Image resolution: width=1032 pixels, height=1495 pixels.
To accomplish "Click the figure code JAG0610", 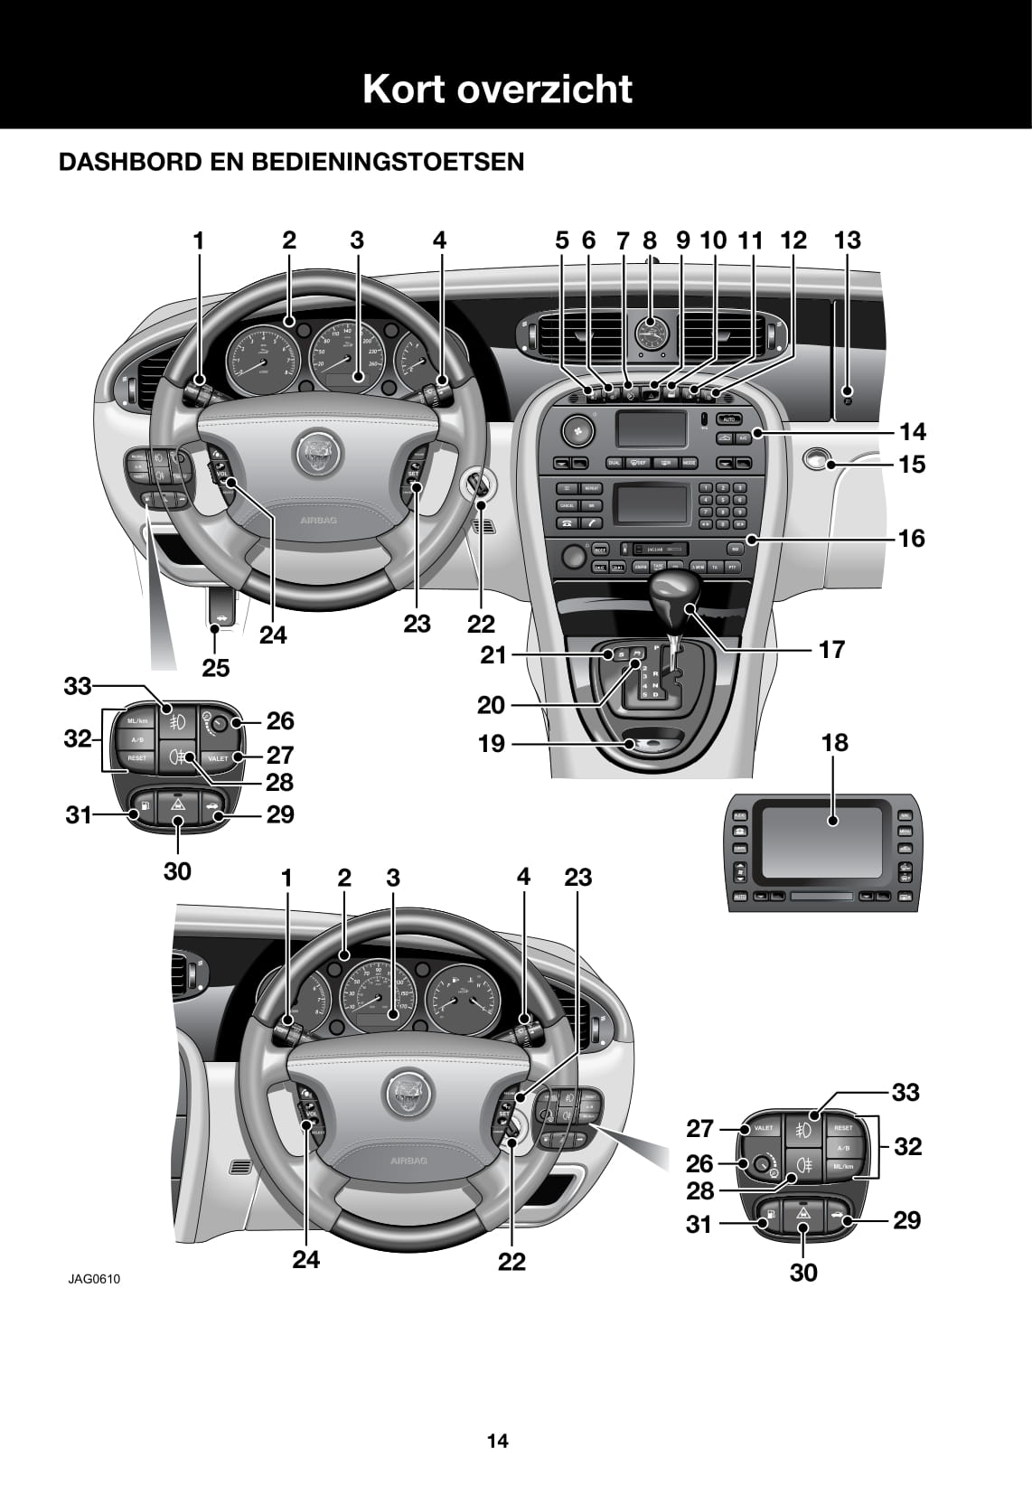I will click(x=93, y=1278).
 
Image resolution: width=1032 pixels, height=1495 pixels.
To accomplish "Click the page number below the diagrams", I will click(x=498, y=1441).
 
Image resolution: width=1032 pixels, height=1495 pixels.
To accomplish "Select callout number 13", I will click(x=847, y=240).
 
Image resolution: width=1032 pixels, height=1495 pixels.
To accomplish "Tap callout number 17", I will click(x=831, y=649).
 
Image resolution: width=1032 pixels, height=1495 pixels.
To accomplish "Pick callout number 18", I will click(x=834, y=742).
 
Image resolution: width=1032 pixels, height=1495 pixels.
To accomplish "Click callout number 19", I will click(x=492, y=744).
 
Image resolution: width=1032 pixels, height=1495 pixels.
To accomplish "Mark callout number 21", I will click(x=493, y=654).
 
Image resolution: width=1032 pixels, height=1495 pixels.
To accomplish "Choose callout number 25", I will click(x=215, y=668).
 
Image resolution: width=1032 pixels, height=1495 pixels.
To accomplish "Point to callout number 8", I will click(x=650, y=240).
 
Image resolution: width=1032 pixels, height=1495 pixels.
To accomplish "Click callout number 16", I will click(x=912, y=538).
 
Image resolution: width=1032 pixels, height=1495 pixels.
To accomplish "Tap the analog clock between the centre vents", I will click(x=649, y=335).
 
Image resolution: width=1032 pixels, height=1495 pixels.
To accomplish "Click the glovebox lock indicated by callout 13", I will click(x=847, y=395).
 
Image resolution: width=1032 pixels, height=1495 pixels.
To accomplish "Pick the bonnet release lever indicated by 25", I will click(x=220, y=608).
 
